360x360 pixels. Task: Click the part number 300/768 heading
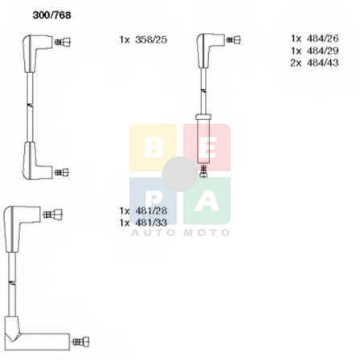pyautogui.click(x=51, y=15)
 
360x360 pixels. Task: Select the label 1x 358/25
pyautogui.click(x=143, y=40)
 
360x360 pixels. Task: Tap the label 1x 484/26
pyautogui.click(x=315, y=39)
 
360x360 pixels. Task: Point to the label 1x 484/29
pyautogui.click(x=315, y=51)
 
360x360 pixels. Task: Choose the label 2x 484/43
pyautogui.click(x=315, y=63)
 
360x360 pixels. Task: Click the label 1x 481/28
pyautogui.click(x=143, y=211)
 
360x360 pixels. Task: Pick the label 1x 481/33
pyautogui.click(x=143, y=223)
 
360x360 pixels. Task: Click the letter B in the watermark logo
pyautogui.click(x=153, y=147)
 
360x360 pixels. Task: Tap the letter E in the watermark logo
pyautogui.click(x=207, y=147)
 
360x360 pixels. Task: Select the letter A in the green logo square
pyautogui.click(x=207, y=201)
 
